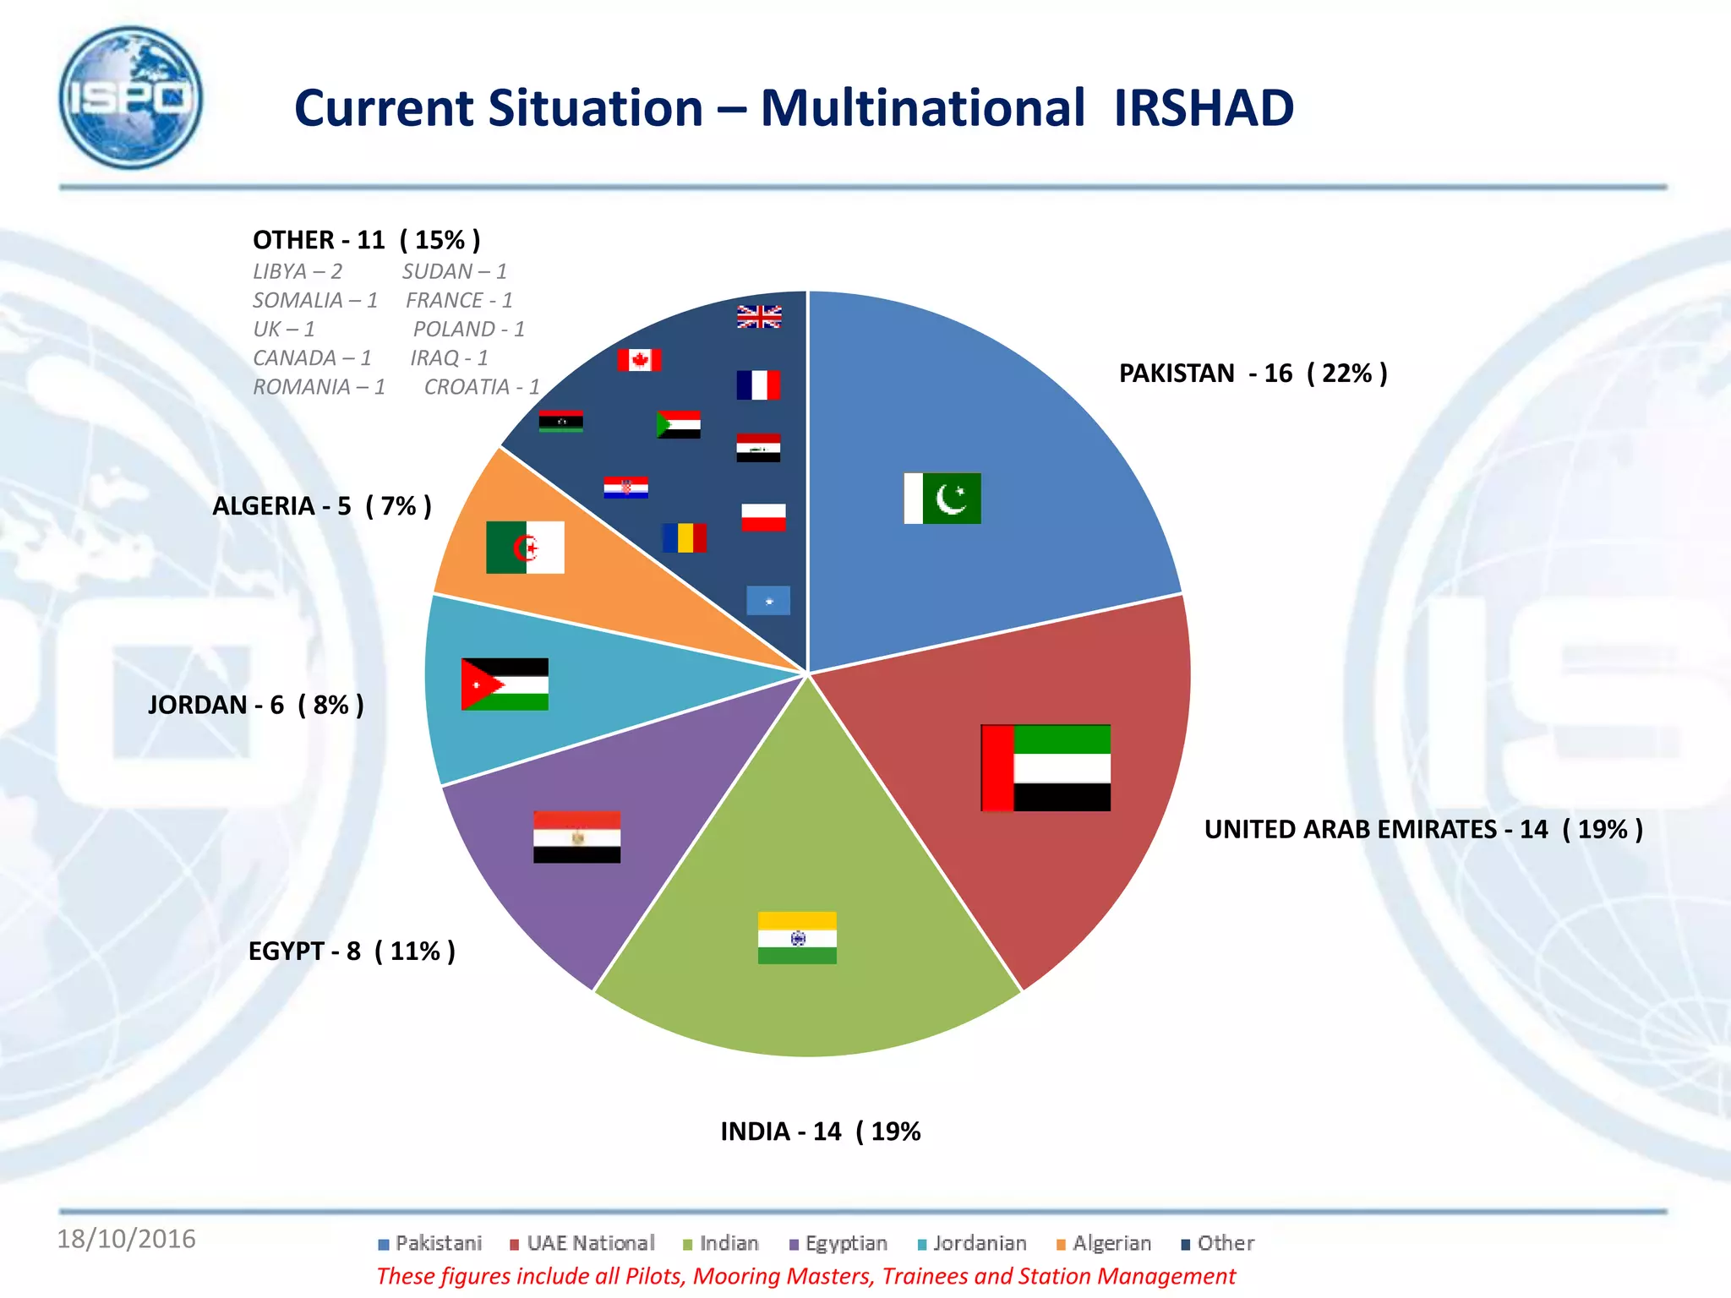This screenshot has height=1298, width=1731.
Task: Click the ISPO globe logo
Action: [x=131, y=97]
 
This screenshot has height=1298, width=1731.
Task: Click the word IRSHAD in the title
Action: [x=1203, y=108]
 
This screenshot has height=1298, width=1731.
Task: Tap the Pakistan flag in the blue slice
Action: [x=942, y=499]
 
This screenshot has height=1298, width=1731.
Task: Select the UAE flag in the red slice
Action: [x=1046, y=767]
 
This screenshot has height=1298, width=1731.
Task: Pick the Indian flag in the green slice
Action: [x=797, y=937]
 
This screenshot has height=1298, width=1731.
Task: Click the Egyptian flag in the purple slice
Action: [x=576, y=837]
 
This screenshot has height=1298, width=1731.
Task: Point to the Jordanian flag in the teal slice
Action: [x=505, y=684]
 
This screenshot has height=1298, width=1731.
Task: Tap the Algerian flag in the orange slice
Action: [x=525, y=548]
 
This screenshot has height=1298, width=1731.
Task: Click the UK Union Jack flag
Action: [x=759, y=317]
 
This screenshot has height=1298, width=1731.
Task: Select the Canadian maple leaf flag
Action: [x=639, y=360]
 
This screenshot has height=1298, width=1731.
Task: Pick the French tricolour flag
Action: [x=758, y=385]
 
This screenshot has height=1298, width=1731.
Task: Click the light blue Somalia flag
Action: [x=768, y=601]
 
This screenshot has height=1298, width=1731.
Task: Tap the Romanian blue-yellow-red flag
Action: [x=684, y=537]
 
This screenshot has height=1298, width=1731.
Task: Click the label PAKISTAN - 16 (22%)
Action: [x=1253, y=374]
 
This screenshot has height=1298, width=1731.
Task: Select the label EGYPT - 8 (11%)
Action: [x=352, y=952]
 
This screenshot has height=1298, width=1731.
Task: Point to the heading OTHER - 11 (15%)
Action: [x=366, y=240]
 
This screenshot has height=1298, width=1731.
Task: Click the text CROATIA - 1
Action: [x=481, y=387]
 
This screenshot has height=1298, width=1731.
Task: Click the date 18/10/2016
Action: [x=126, y=1239]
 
